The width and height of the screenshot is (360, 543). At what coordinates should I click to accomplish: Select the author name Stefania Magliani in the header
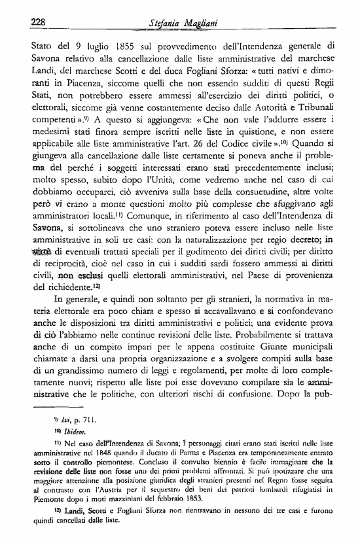click(x=183, y=24)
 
